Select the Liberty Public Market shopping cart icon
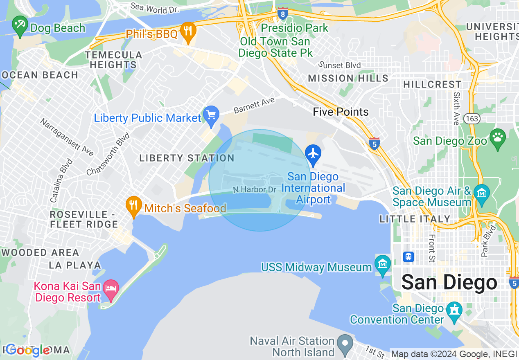211,116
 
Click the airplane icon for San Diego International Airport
313,154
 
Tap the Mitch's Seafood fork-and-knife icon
133,205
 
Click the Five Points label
341,112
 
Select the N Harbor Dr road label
255,189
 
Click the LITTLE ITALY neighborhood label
415,219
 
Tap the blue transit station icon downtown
408,257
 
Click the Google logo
28,350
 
